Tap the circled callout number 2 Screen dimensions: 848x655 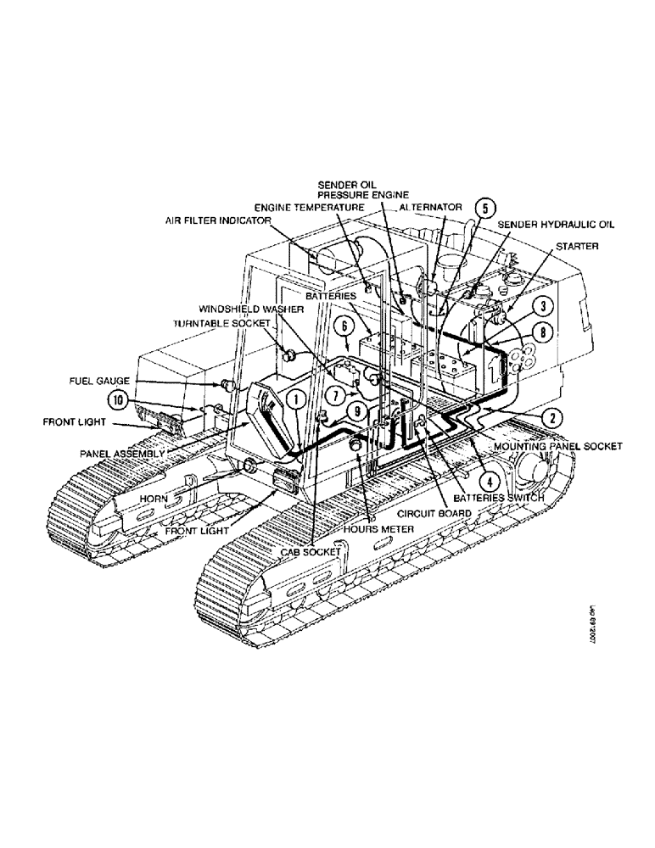click(x=544, y=308)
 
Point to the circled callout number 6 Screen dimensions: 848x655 click(x=344, y=325)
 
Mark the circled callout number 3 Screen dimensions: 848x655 click(x=544, y=308)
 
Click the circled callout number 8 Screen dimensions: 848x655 click(x=544, y=332)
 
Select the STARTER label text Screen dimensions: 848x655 click(x=578, y=246)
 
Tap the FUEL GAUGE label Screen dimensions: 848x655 click(x=99, y=382)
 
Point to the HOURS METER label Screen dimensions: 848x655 click(x=380, y=529)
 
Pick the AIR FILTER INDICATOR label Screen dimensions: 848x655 click(x=218, y=220)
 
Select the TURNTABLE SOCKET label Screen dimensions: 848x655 click(x=221, y=324)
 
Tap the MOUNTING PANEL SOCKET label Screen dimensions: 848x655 click(x=557, y=445)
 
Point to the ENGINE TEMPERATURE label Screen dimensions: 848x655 click(x=310, y=207)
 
